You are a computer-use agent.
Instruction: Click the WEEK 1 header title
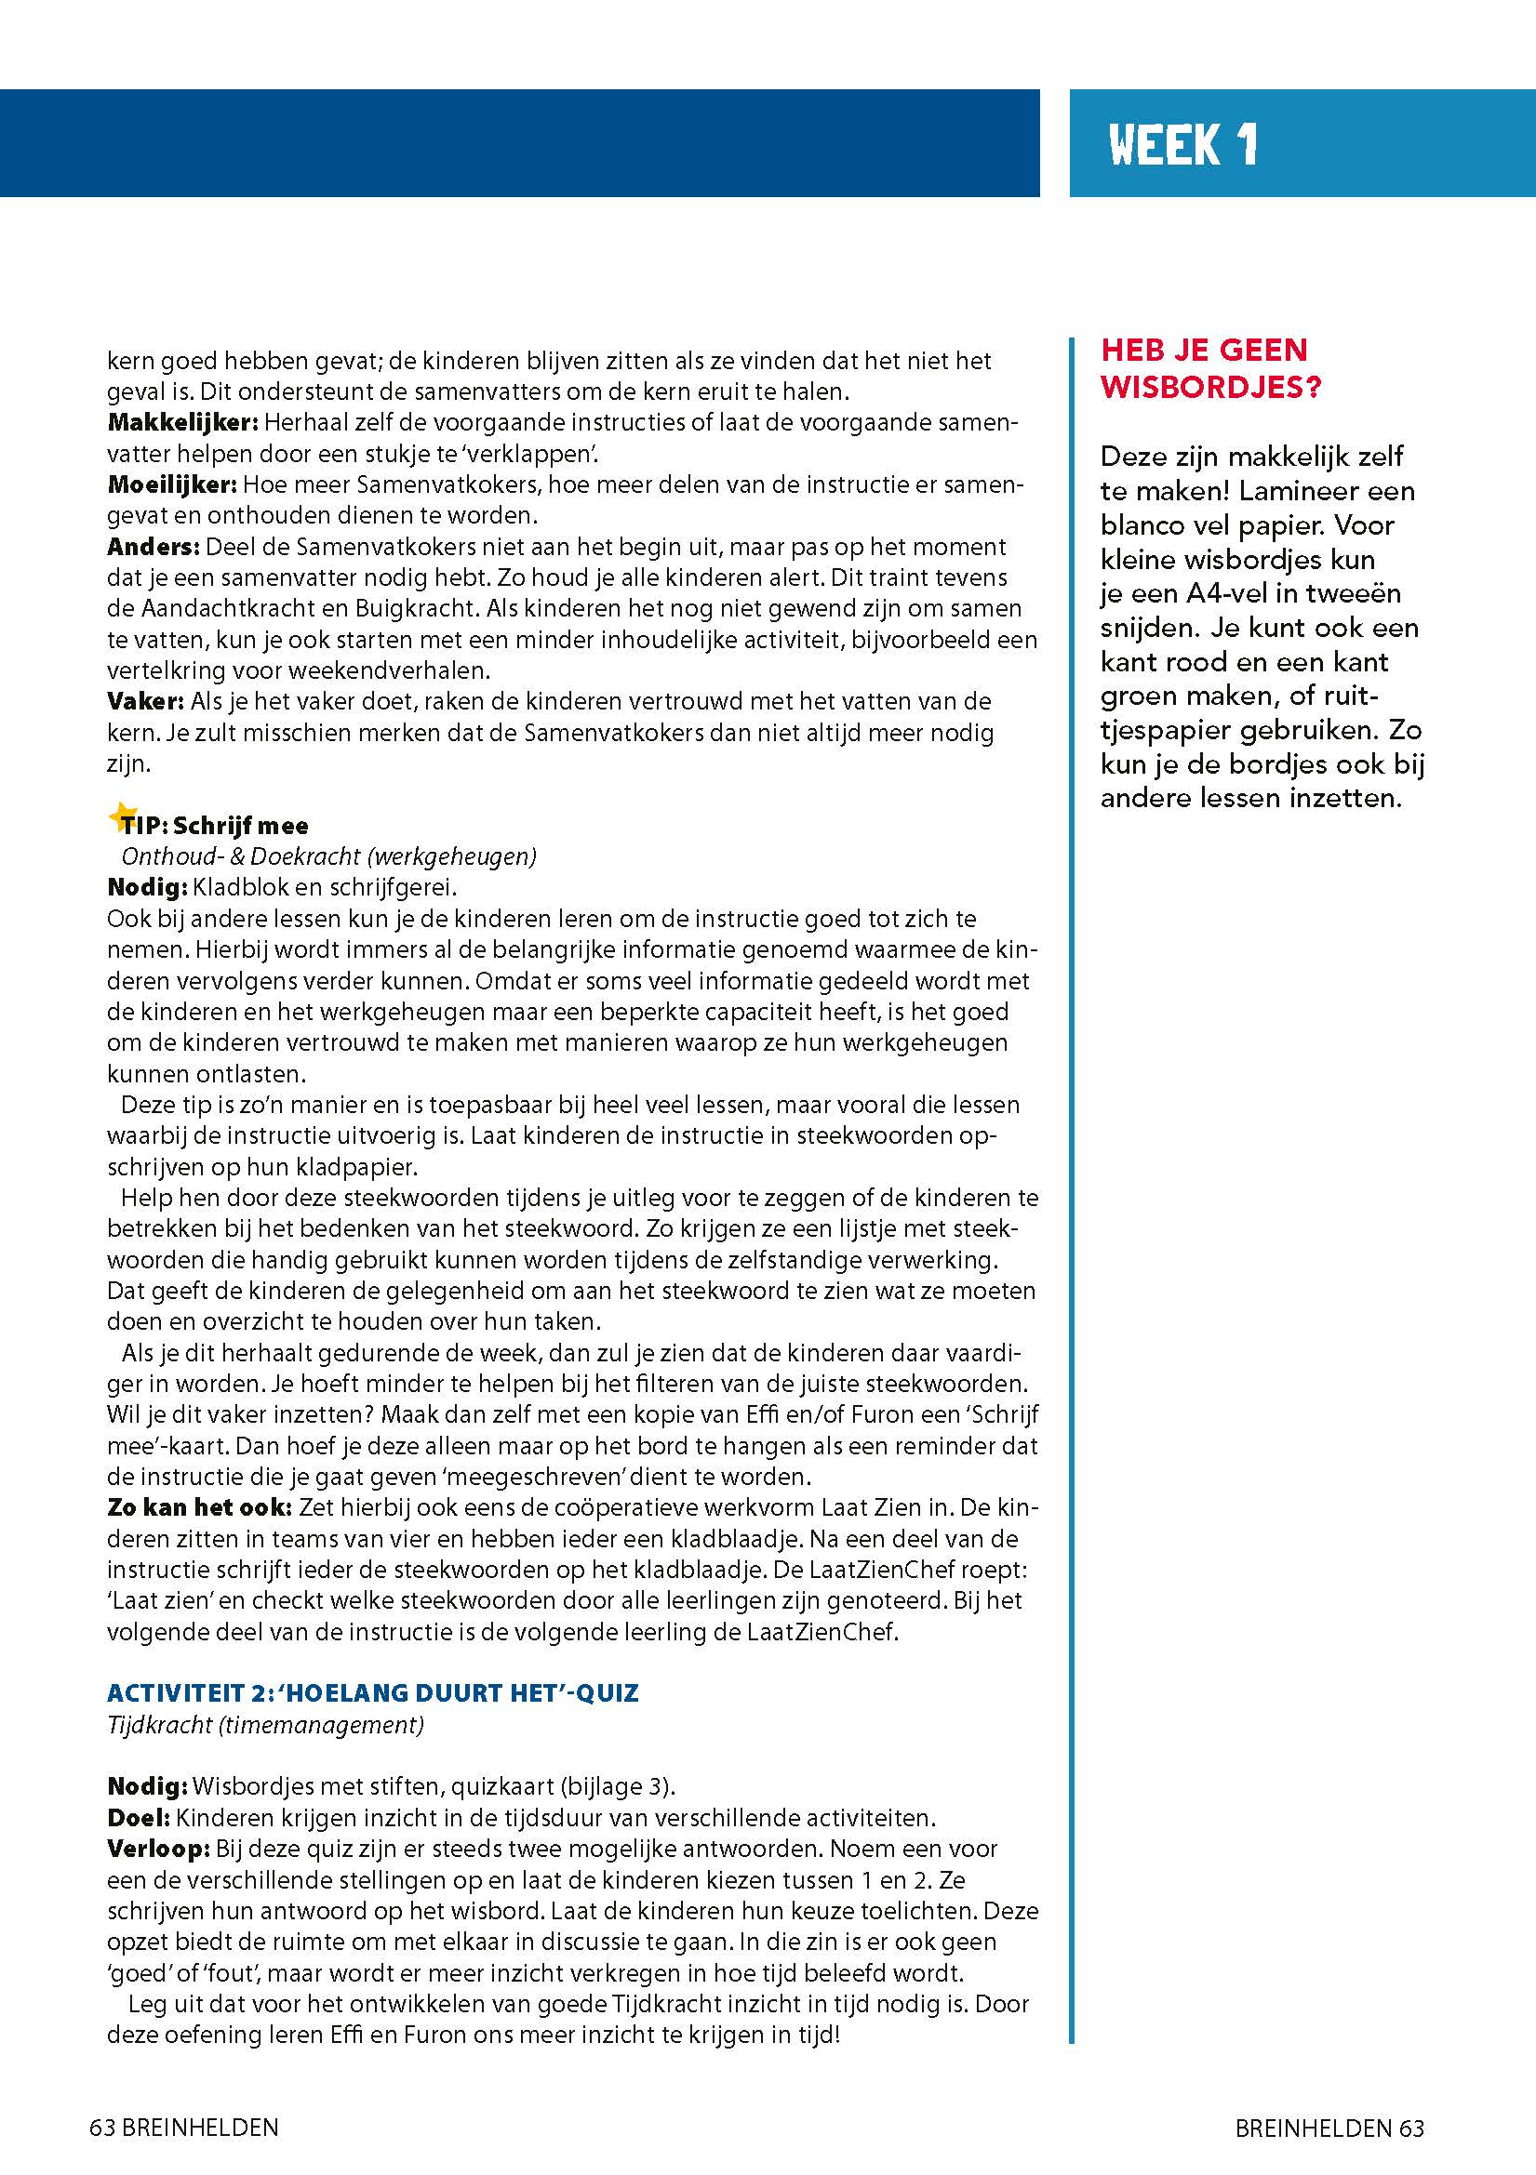click(1182, 146)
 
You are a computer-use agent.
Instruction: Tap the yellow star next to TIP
click(121, 816)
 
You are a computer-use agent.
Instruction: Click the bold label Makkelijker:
click(183, 422)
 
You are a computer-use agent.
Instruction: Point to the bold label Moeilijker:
click(171, 485)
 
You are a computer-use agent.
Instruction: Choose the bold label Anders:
click(154, 548)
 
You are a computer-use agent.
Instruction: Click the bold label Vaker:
click(146, 702)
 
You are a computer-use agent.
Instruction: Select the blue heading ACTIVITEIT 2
click(372, 1692)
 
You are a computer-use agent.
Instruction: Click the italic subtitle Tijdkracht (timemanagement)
click(265, 1725)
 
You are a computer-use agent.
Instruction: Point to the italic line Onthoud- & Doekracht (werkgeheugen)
click(327, 856)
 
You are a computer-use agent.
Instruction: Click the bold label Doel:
click(139, 1818)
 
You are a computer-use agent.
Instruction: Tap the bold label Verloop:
click(159, 1849)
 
